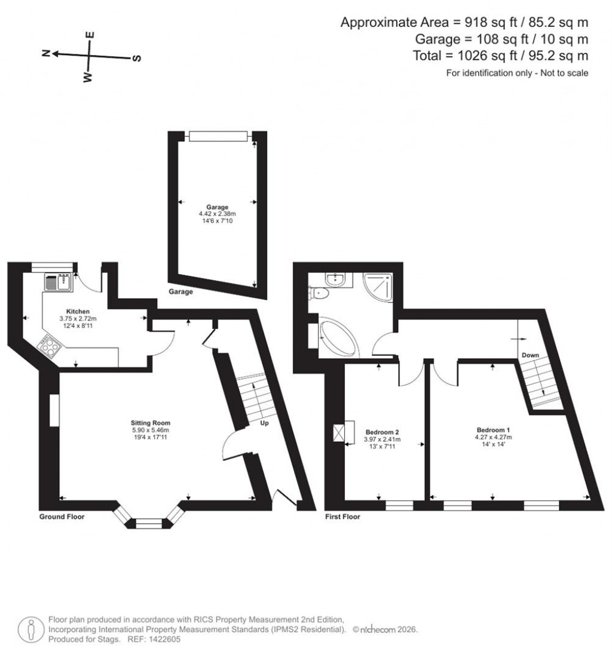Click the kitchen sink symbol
coord(58,281)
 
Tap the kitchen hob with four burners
coord(49,346)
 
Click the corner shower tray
coord(378,287)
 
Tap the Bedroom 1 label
coord(492,430)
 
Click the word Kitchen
coord(78,311)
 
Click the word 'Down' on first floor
coord(530,355)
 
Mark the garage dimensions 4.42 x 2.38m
coord(217,214)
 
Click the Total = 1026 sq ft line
coord(501,56)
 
